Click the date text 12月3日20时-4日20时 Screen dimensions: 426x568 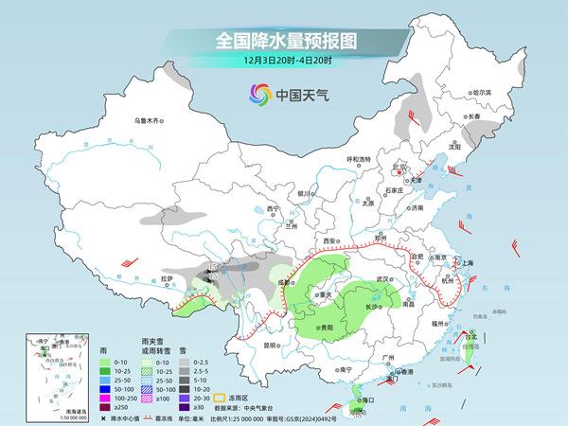tap(284, 62)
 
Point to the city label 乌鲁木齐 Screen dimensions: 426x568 tap(150, 120)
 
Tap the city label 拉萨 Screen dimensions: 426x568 tap(168, 278)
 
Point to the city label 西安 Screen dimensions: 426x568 tap(331, 242)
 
